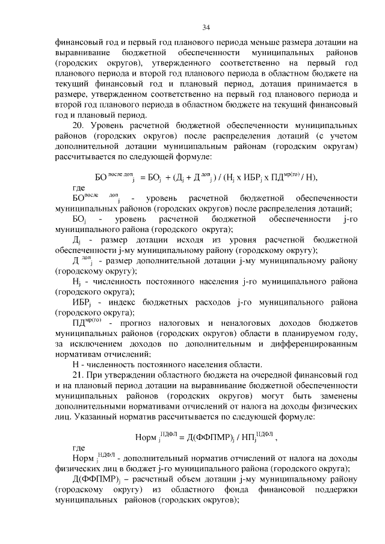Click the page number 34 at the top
point(206,27)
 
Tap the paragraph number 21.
point(78,374)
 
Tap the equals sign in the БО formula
point(142,177)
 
